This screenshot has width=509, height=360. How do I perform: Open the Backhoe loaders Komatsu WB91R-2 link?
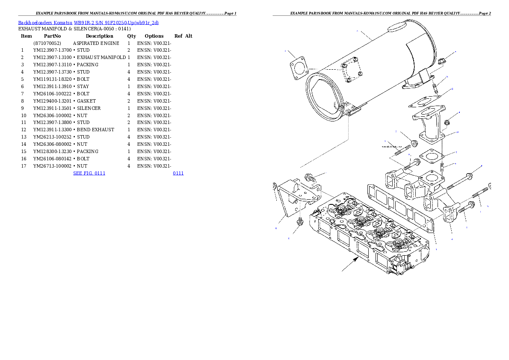tap(88, 23)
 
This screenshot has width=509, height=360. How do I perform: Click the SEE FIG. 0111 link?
tap(89, 173)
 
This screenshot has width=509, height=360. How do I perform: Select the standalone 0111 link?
tap(178, 173)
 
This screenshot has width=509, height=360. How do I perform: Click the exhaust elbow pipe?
tap(429, 127)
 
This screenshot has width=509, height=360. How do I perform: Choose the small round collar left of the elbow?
tap(414, 142)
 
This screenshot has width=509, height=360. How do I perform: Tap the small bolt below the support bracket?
tap(299, 222)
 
